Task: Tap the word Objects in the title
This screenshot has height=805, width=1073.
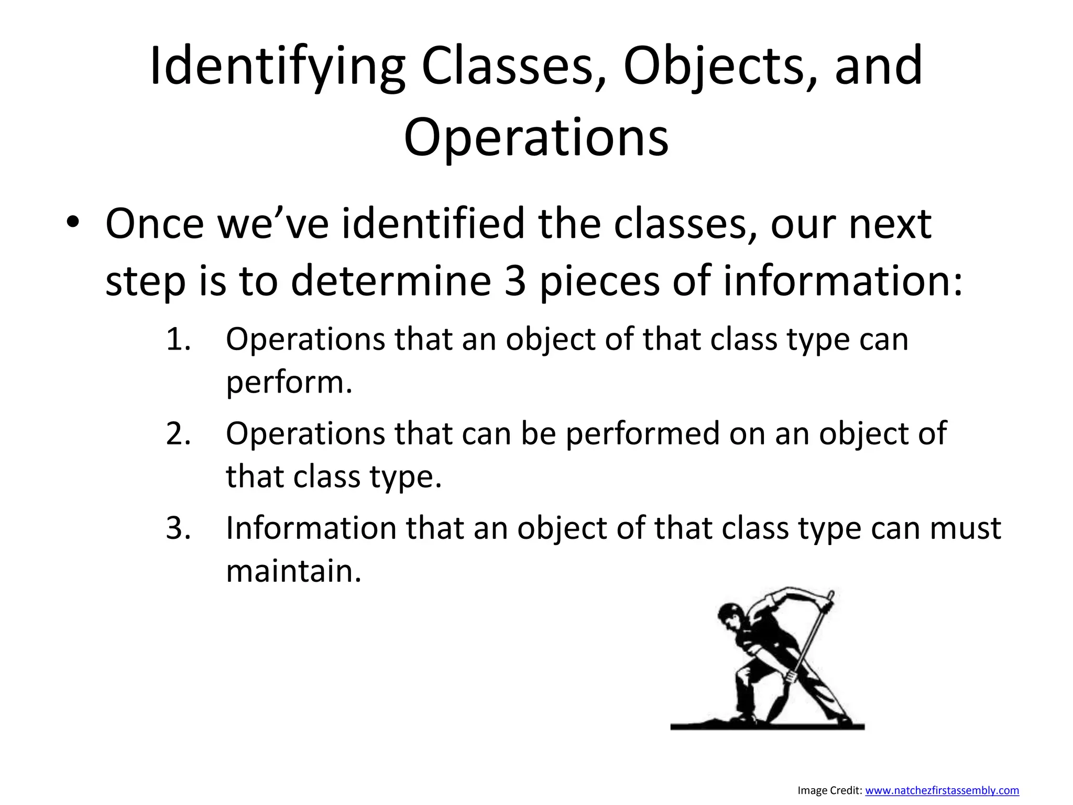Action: [x=713, y=67]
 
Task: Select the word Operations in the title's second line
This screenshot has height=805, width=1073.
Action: [x=536, y=137]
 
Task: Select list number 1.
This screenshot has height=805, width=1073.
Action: [x=178, y=339]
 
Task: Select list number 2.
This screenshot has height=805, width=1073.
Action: [x=178, y=433]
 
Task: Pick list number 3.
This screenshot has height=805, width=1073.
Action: [x=178, y=528]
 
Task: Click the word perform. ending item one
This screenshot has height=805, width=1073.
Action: [x=289, y=383]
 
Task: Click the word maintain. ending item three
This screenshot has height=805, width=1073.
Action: [x=293, y=571]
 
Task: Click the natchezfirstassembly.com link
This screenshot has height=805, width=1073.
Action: [x=941, y=790]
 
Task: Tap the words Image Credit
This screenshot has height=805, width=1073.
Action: [x=829, y=790]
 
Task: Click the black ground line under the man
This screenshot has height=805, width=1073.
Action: [x=767, y=727]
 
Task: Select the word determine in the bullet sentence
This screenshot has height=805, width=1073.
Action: [x=390, y=280]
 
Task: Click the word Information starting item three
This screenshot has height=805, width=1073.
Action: [x=311, y=528]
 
